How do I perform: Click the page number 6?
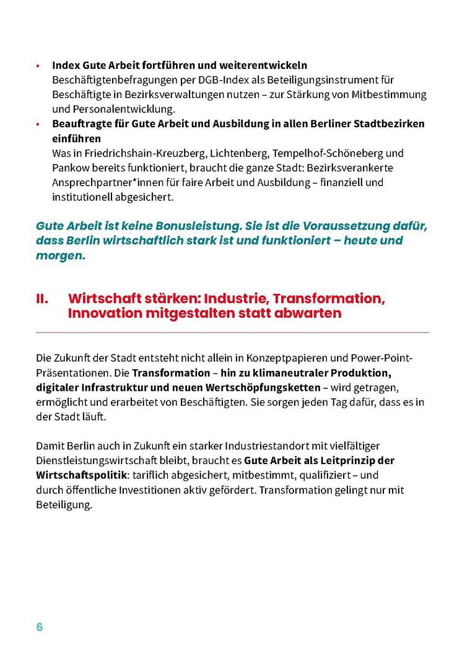40,627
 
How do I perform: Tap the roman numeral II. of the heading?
42,298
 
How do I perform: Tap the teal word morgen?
60,256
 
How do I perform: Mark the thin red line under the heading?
232,333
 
